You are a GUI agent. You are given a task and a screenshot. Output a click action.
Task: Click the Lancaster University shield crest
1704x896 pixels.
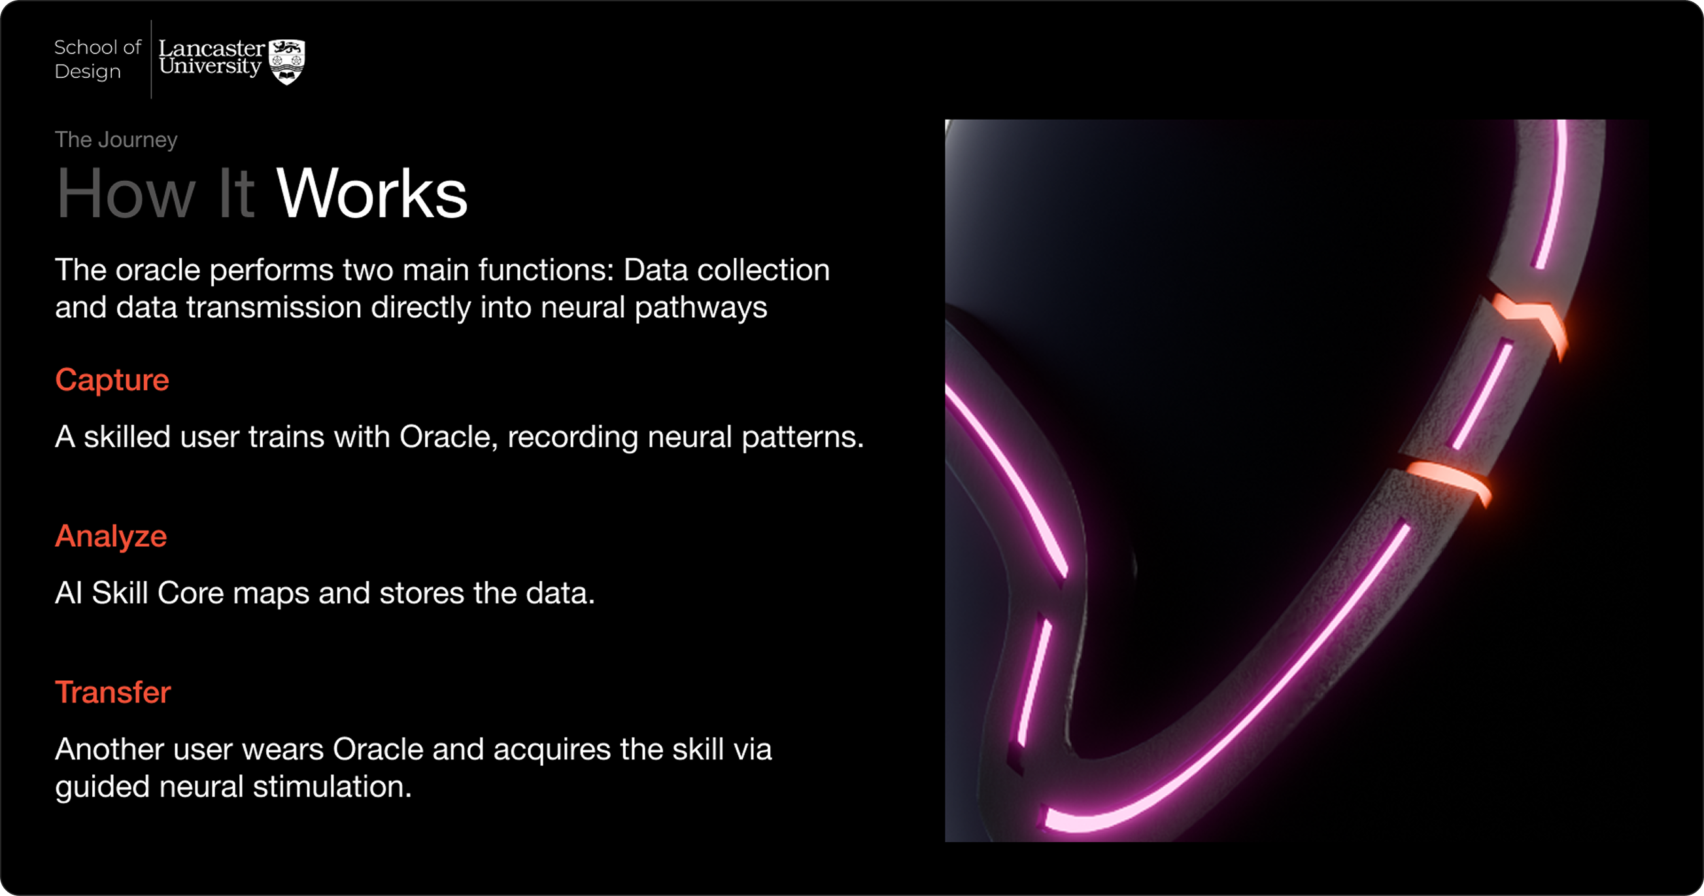click(x=287, y=61)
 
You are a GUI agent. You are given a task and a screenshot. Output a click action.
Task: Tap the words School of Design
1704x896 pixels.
click(x=97, y=60)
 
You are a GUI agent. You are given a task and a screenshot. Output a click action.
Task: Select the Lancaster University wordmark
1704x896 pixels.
click(x=211, y=58)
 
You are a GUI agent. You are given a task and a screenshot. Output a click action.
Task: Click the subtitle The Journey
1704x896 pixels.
click(x=116, y=139)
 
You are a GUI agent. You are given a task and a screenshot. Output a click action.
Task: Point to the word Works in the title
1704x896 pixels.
click(x=372, y=194)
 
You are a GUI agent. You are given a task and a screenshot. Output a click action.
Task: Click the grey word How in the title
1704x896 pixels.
click(x=126, y=194)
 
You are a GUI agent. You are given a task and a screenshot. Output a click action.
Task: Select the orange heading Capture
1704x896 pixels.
click(x=112, y=380)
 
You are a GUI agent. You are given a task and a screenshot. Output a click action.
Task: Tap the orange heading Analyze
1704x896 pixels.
click(x=111, y=536)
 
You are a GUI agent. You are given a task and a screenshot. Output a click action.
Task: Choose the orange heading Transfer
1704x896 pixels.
click(x=112, y=692)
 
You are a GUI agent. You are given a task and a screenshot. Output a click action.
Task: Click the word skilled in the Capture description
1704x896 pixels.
click(x=127, y=437)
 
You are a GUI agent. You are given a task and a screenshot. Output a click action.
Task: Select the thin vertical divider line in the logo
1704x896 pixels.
click(x=152, y=60)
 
